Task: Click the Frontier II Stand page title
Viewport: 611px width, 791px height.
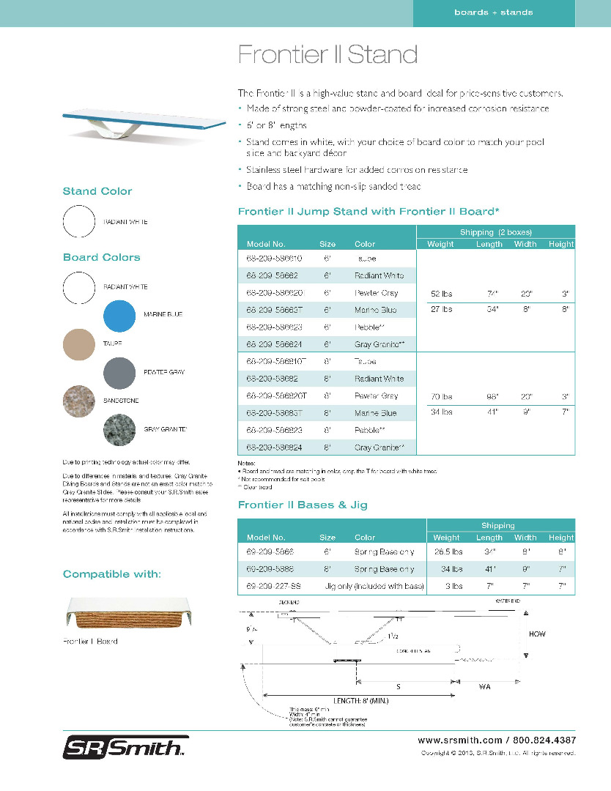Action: click(x=327, y=54)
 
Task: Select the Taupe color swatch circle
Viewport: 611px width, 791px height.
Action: click(x=79, y=343)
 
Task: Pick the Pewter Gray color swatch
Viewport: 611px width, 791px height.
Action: click(x=119, y=373)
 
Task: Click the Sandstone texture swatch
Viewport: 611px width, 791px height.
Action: click(x=79, y=401)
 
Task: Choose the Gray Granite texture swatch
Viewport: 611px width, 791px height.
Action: click(x=119, y=429)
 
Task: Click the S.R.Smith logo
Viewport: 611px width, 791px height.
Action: click(x=123, y=748)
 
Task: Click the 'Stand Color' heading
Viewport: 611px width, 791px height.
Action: click(x=97, y=192)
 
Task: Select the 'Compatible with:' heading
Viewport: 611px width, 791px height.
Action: click(x=111, y=574)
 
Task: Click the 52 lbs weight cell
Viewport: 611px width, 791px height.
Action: click(x=441, y=293)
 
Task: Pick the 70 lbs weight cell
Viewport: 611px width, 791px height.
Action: click(x=441, y=397)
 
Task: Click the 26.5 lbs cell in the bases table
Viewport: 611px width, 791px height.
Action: click(x=448, y=551)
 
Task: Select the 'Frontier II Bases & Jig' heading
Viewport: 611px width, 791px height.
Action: click(x=303, y=505)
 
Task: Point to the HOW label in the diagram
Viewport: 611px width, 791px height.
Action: click(x=537, y=634)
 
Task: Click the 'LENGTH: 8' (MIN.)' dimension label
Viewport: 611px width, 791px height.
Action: click(x=360, y=701)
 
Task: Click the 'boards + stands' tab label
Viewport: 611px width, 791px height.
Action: click(x=493, y=12)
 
